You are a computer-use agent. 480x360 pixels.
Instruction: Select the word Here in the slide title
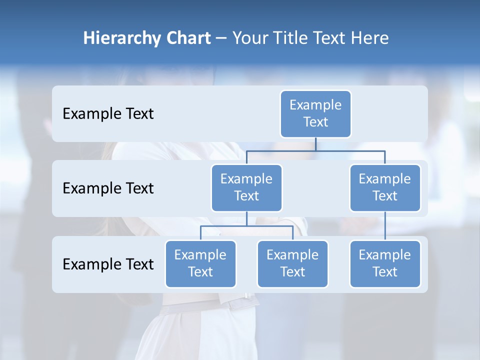pos(370,38)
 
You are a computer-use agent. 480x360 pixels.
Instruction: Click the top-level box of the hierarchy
pos(315,114)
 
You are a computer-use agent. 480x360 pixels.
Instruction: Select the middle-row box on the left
pos(246,188)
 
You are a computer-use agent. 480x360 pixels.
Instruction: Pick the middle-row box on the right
pos(385,188)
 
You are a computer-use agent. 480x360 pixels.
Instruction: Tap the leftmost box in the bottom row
pos(200,264)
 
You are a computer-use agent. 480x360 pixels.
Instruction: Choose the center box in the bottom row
pos(292,264)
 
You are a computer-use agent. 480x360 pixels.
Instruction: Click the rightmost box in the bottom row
pos(385,264)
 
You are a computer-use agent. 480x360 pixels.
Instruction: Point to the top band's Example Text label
pos(108,114)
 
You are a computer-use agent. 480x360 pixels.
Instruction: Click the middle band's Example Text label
pos(108,188)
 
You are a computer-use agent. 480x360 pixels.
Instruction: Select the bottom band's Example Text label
pos(108,264)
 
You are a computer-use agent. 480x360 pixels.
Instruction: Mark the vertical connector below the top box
pos(315,144)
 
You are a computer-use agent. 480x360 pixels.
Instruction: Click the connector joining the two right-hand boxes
pos(385,226)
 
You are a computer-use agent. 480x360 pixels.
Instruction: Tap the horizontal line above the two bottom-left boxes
pos(246,226)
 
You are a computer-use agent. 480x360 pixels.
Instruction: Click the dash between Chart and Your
pos(221,38)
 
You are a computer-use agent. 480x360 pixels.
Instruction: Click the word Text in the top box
pos(315,122)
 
